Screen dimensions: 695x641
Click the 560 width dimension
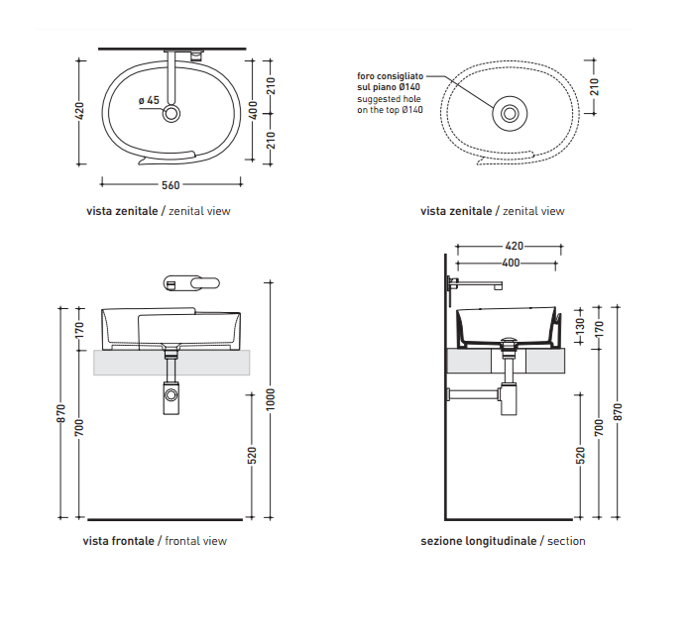click(x=171, y=185)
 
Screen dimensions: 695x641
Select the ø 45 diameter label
click(x=149, y=100)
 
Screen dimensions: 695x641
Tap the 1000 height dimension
click(x=271, y=399)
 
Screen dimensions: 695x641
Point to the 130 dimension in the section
click(x=580, y=327)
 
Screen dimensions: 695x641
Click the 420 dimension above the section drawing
click(x=515, y=246)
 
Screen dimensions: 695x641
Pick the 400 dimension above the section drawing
click(x=511, y=264)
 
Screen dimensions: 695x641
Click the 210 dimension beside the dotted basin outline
click(x=595, y=87)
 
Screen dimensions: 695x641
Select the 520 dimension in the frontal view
click(x=252, y=456)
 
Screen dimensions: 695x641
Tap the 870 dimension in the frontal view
click(x=61, y=413)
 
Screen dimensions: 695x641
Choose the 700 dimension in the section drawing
click(x=599, y=427)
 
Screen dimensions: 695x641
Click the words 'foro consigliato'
click(x=390, y=76)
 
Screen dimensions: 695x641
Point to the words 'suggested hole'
click(x=389, y=99)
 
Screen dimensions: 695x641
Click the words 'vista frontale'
click(x=118, y=541)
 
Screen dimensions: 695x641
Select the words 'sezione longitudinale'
click(x=479, y=541)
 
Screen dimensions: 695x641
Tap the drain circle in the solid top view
click(x=172, y=113)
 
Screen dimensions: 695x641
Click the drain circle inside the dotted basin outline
click(x=510, y=114)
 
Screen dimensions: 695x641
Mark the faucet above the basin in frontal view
click(x=191, y=283)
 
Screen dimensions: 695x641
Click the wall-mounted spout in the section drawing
click(x=475, y=284)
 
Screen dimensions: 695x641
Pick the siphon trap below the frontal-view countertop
click(x=172, y=398)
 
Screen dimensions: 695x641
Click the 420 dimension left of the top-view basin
click(x=79, y=111)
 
